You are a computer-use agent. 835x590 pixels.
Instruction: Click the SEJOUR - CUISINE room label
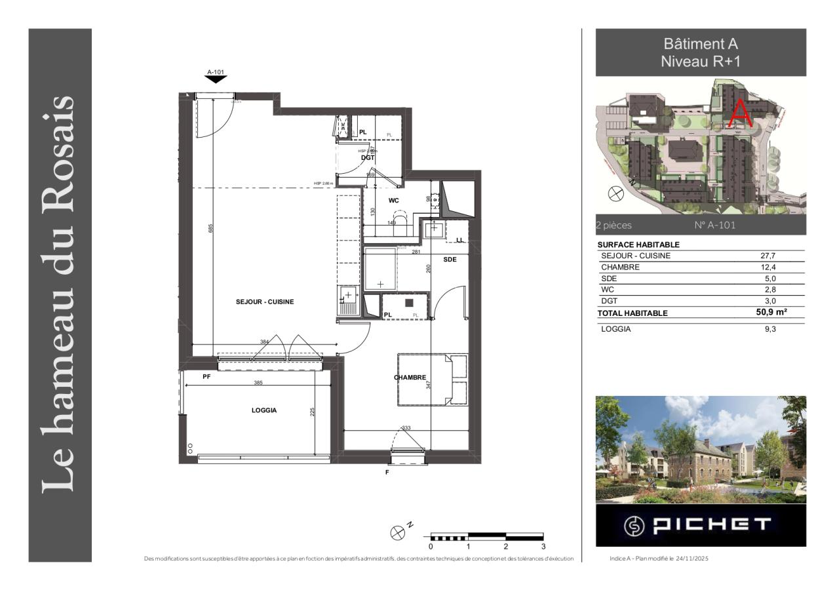pyautogui.click(x=265, y=302)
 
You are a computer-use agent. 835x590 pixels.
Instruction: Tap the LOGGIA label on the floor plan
pyautogui.click(x=264, y=410)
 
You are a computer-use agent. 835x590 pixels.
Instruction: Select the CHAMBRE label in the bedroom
pyautogui.click(x=410, y=378)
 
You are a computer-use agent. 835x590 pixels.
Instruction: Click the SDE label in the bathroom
pyautogui.click(x=450, y=260)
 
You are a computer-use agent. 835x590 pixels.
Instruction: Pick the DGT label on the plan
pyautogui.click(x=367, y=157)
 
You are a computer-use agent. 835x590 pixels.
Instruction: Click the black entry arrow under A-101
pyautogui.click(x=216, y=79)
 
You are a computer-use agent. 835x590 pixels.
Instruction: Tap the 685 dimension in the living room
pyautogui.click(x=210, y=228)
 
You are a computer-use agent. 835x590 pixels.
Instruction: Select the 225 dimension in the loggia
pyautogui.click(x=313, y=412)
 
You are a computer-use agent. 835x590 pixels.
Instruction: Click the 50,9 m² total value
pyautogui.click(x=771, y=313)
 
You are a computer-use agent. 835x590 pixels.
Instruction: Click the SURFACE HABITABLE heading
pyautogui.click(x=629, y=245)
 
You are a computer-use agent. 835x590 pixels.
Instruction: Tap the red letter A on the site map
pyautogui.click(x=741, y=113)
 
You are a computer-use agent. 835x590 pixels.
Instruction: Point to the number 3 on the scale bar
pyautogui.click(x=543, y=546)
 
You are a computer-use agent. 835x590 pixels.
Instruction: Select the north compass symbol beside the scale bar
pyautogui.click(x=397, y=532)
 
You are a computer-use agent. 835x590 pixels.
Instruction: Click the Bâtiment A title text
pyautogui.click(x=701, y=45)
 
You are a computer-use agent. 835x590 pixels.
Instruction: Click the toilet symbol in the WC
pyautogui.click(x=399, y=218)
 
